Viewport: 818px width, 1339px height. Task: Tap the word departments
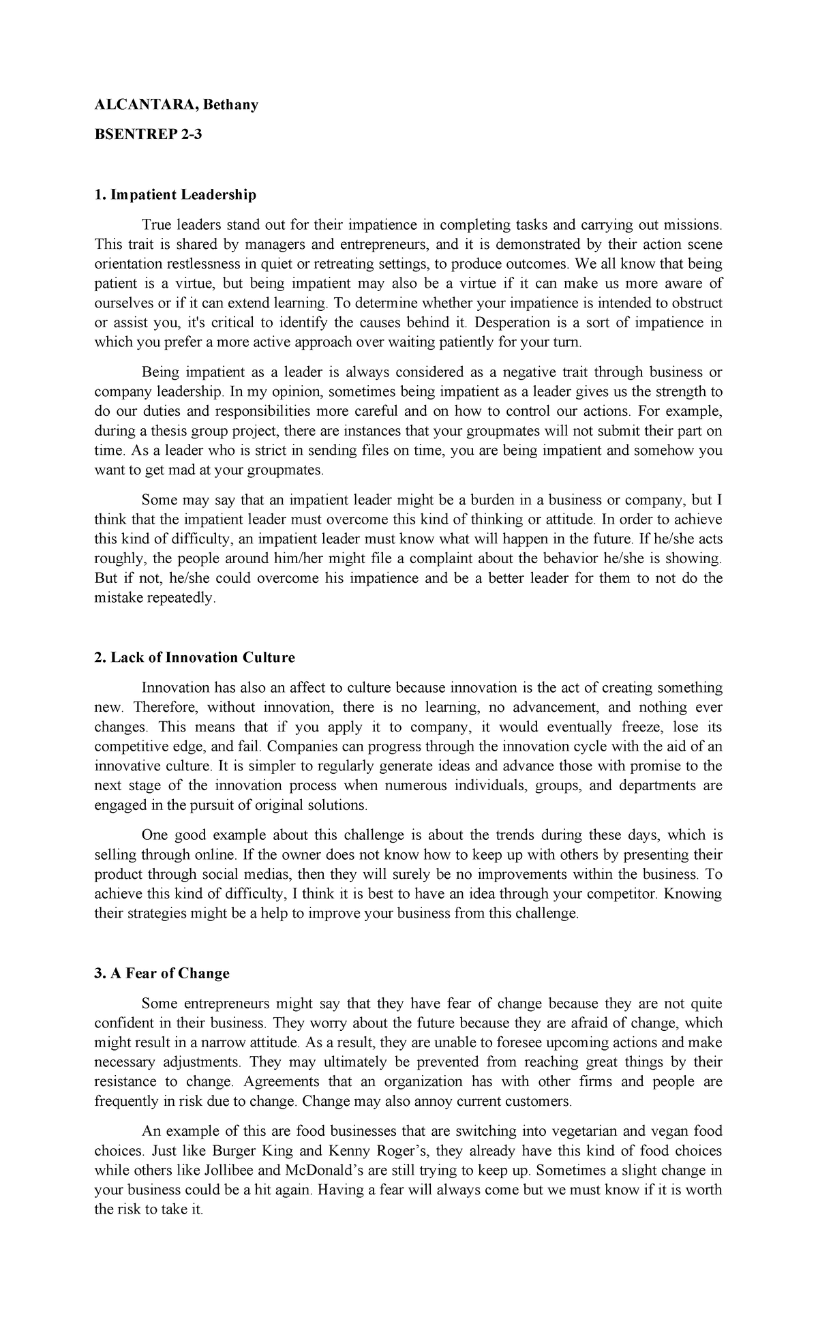[658, 785]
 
